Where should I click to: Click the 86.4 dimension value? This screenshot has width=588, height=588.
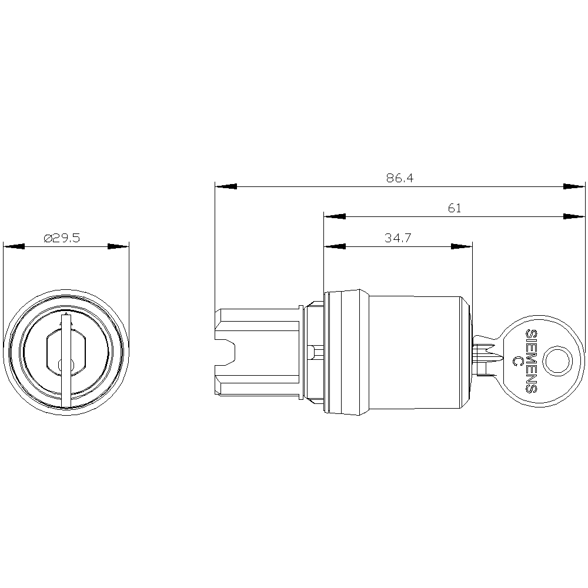[400, 178]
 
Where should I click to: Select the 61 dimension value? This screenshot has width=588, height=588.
[455, 208]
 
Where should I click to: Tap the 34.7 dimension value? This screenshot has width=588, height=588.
[398, 238]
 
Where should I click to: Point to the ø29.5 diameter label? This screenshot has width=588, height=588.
[62, 238]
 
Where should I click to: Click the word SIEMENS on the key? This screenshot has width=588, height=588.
[532, 362]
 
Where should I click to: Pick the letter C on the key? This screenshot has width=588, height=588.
[517, 362]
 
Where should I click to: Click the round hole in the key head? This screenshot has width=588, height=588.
[558, 362]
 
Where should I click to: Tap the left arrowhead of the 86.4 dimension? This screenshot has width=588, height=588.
[226, 186]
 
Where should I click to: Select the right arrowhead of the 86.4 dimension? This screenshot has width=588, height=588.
[574, 186]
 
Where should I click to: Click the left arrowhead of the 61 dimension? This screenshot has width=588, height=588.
[335, 216]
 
